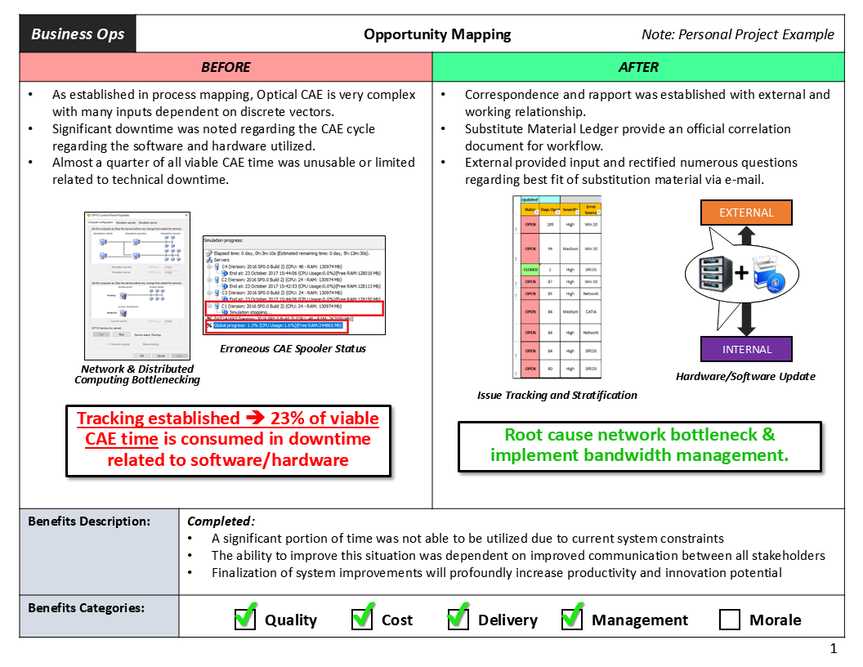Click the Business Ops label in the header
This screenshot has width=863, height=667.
click(x=78, y=34)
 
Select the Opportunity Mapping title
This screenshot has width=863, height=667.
click(x=437, y=34)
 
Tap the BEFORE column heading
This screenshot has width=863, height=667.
click(x=226, y=67)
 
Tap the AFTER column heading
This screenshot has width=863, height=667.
click(x=638, y=67)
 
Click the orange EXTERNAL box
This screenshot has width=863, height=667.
click(x=746, y=213)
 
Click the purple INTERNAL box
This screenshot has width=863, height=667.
click(x=746, y=349)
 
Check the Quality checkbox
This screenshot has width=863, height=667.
click(x=245, y=619)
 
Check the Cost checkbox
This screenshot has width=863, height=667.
click(x=362, y=619)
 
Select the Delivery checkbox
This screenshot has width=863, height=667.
click(x=458, y=619)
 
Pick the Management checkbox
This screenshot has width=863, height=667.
click(x=572, y=619)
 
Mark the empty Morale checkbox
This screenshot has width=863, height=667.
click(x=730, y=620)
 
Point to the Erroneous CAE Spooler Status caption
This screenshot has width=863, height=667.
click(x=293, y=349)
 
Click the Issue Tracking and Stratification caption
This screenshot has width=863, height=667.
click(x=557, y=395)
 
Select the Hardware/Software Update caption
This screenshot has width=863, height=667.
click(x=745, y=377)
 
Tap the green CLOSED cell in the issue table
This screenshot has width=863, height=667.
click(x=530, y=269)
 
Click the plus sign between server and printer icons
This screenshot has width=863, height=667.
click(x=740, y=273)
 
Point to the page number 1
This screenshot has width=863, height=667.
click(x=834, y=649)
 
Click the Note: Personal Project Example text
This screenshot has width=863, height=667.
click(x=738, y=34)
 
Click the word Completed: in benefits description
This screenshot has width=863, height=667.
click(x=221, y=521)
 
